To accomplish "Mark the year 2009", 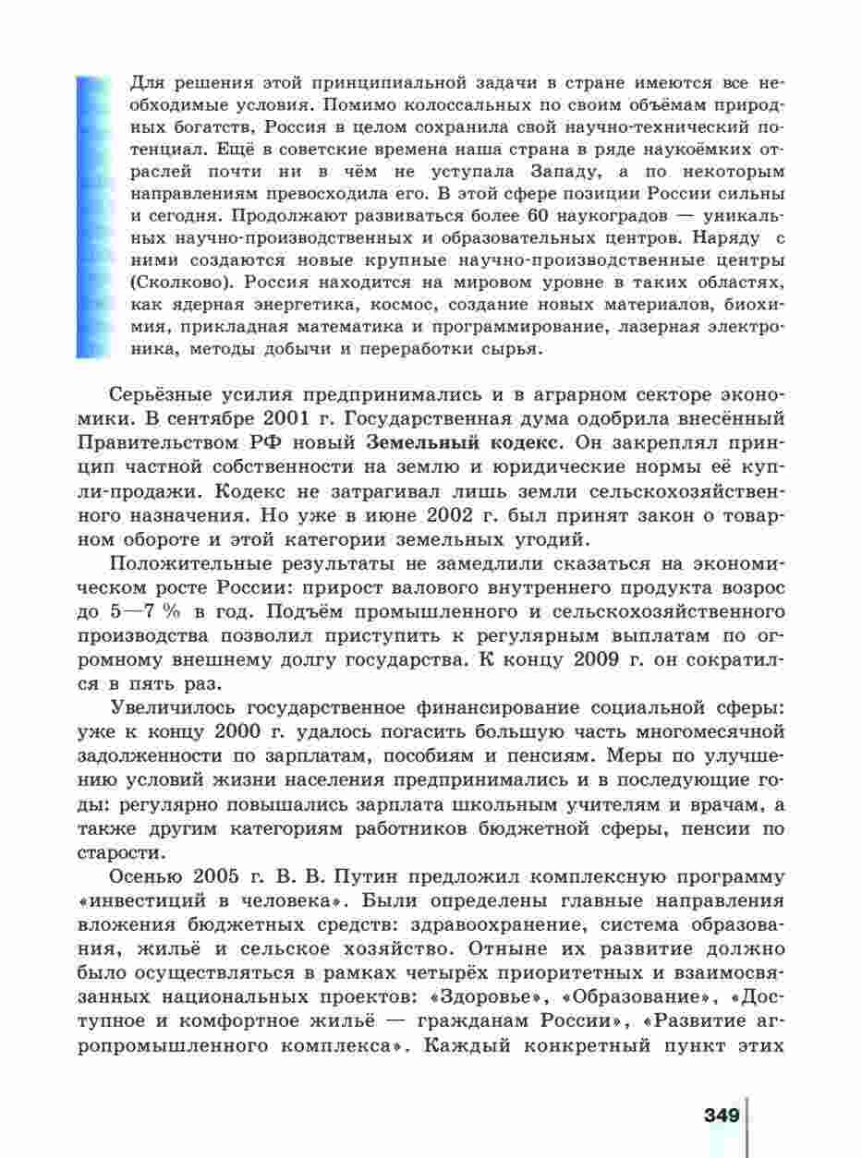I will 601,659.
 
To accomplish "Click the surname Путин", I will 377,875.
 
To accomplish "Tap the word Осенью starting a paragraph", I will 150,875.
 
